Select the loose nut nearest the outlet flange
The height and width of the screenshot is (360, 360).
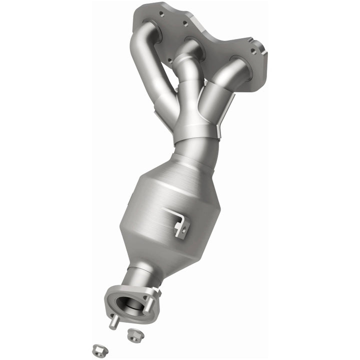click(x=133, y=335)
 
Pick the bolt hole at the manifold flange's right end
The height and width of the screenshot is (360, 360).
click(x=254, y=51)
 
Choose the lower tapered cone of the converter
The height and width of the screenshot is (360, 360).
click(x=150, y=252)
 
